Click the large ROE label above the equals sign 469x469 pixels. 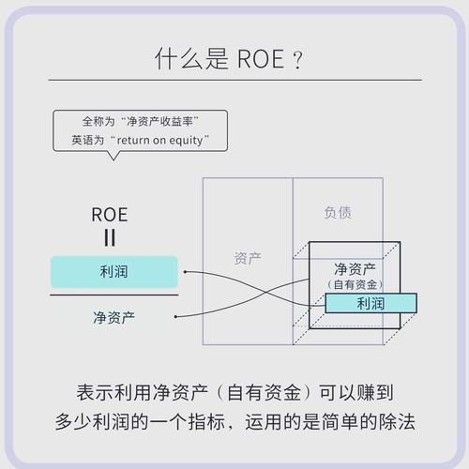pos(110,214)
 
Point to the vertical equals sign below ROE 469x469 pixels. pos(110,237)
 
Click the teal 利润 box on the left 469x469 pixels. pos(113,272)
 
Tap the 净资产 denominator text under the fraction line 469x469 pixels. pos(113,317)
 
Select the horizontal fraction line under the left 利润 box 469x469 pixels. pos(113,295)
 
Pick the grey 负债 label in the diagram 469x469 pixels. pos(338,213)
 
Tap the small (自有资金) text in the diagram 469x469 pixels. pos(354,284)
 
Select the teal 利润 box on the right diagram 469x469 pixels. pos(371,303)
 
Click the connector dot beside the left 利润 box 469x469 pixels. pos(185,272)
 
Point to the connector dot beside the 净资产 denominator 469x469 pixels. pos(185,317)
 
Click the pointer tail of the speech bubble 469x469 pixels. pos(113,155)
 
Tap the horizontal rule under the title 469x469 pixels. pos(234,81)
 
